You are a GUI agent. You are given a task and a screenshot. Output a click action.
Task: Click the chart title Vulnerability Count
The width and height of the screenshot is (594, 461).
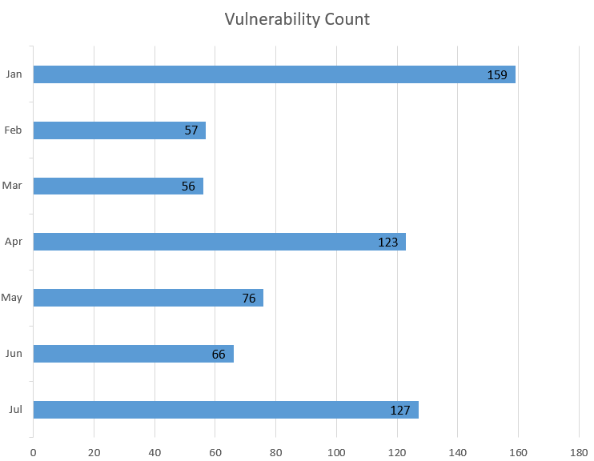(x=297, y=19)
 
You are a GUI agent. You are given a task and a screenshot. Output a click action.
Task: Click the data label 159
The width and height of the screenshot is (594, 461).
(x=497, y=75)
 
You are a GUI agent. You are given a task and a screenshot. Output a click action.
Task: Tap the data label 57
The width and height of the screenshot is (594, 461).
(x=191, y=130)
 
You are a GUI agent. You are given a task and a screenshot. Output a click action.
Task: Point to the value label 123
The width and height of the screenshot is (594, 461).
(x=388, y=242)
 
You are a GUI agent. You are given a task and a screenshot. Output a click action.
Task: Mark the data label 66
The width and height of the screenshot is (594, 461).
(x=219, y=354)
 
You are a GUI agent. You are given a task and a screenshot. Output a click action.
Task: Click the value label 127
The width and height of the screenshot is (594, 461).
(x=400, y=410)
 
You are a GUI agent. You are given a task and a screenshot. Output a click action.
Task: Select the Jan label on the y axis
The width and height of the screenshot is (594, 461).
(x=14, y=74)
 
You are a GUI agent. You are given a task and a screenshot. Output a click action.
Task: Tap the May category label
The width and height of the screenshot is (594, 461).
(x=12, y=298)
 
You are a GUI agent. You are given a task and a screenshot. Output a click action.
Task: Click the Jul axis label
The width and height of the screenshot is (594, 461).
(x=15, y=410)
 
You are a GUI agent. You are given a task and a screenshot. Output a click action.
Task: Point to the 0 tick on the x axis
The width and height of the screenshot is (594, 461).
(x=33, y=452)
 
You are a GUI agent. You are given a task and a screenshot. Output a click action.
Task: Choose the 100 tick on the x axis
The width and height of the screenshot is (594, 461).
(x=336, y=452)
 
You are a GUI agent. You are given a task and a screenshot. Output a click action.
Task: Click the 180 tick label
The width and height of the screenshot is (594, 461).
(x=579, y=452)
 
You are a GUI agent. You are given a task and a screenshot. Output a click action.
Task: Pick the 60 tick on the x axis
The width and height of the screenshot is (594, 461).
(x=215, y=452)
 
